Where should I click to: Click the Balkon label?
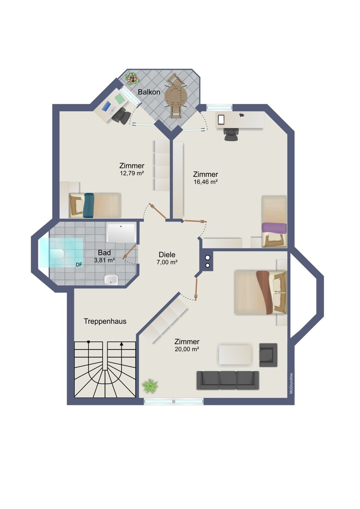pyautogui.click(x=149, y=92)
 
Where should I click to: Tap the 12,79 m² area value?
pyautogui.click(x=132, y=173)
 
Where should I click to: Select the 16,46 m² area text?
pyautogui.click(x=205, y=182)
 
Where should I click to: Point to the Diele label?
pyautogui.click(x=167, y=255)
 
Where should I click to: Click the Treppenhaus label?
pyautogui.click(x=105, y=322)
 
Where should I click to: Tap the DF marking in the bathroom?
pyautogui.click(x=79, y=265)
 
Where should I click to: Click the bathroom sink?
pyautogui.click(x=111, y=279)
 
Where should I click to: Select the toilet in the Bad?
pyautogui.click(x=56, y=254)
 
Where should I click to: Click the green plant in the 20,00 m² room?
pyautogui.click(x=150, y=386)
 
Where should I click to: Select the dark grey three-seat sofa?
pyautogui.click(x=228, y=380)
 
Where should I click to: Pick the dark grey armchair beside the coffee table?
pyautogui.click(x=268, y=355)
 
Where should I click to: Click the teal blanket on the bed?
pyautogui.click(x=88, y=205)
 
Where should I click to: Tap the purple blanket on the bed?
pyautogui.click(x=274, y=228)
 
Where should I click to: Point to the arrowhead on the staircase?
pyautogui.click(x=121, y=344)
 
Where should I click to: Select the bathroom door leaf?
pyautogui.click(x=129, y=251)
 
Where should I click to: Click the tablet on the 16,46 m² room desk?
pyautogui.click(x=221, y=120)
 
